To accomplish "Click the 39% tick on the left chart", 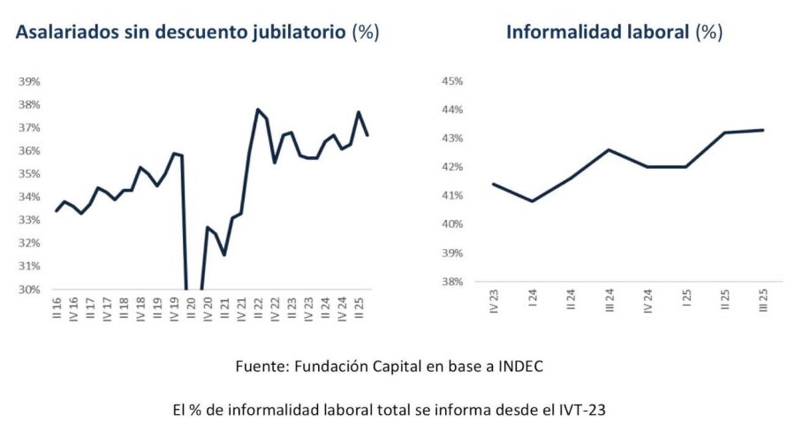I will [x=30, y=81].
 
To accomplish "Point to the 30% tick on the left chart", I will [x=30, y=289].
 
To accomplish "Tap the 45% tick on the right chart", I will [x=452, y=81].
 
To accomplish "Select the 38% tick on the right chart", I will [x=452, y=282].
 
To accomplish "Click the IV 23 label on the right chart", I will [x=493, y=303].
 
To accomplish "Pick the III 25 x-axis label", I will [x=761, y=303].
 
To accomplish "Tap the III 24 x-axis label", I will [x=609, y=303].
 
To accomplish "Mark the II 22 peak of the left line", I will [x=257, y=110].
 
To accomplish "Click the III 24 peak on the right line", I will [x=609, y=150].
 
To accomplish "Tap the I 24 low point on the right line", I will [x=532, y=200].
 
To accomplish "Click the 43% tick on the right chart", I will [x=452, y=139].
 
